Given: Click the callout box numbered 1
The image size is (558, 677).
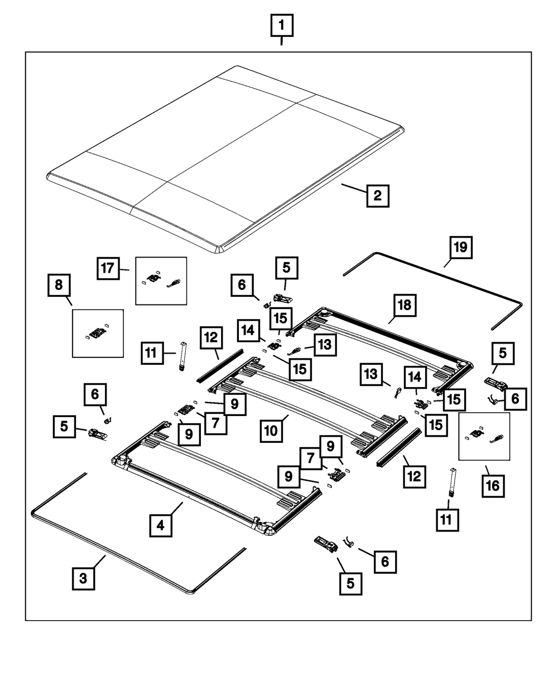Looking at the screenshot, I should [x=281, y=26].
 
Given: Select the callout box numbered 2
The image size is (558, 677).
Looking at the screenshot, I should [x=377, y=196].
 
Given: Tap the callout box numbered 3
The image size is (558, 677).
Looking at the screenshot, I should [x=83, y=578].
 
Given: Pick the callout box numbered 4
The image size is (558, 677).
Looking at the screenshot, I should [x=160, y=525].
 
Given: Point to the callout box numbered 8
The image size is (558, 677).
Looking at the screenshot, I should [x=59, y=287].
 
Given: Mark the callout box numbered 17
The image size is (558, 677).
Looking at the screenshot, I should [x=108, y=268].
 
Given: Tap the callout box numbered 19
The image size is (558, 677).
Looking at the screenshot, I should [x=460, y=247].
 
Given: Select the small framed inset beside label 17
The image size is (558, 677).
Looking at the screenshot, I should [x=161, y=281].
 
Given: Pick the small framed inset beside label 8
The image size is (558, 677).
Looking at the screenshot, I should [x=98, y=333].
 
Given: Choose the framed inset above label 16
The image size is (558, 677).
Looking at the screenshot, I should [x=484, y=436].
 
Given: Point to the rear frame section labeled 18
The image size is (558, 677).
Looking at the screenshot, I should [x=385, y=340].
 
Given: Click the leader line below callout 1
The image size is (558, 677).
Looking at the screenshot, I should [x=281, y=41].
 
